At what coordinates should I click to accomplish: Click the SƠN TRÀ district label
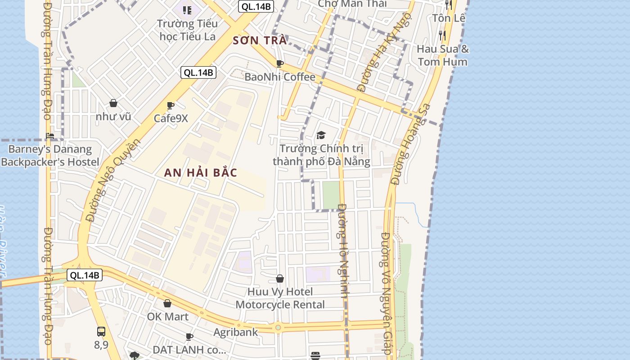[260, 40]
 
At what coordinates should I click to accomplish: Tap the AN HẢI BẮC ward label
[200, 172]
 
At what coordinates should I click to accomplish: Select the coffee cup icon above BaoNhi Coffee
[280, 63]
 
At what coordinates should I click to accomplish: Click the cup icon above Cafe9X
[171, 106]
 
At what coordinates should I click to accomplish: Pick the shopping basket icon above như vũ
[113, 103]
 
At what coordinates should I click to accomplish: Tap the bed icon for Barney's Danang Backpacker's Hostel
[50, 135]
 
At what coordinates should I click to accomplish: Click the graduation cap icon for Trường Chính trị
[321, 135]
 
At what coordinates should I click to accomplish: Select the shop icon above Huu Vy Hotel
[280, 279]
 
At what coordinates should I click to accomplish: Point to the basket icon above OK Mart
[167, 304]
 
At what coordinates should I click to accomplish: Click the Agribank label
[235, 332]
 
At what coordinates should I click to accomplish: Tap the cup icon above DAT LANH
[189, 337]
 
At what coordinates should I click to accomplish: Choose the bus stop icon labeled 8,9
[101, 332]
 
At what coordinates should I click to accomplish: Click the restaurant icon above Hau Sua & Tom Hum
[442, 35]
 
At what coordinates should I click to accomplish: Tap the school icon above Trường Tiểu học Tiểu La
[187, 10]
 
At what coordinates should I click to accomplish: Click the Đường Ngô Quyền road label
[113, 180]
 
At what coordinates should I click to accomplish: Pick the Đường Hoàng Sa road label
[410, 144]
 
